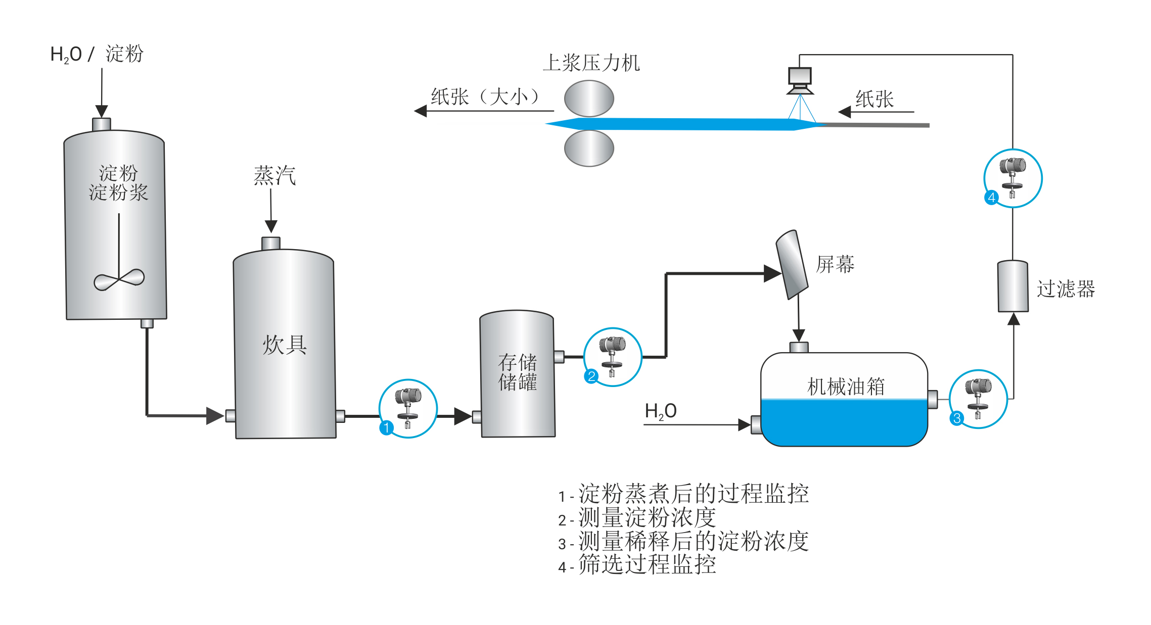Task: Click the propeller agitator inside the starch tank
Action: coord(119,279)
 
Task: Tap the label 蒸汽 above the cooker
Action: coord(274,175)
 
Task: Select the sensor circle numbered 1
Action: coord(408,408)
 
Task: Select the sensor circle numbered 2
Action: coord(612,357)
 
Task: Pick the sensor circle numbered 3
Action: coord(978,399)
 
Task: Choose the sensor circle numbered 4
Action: coord(1012,178)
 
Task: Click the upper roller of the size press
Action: coord(589,99)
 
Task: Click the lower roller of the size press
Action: coord(589,148)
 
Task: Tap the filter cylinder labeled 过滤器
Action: coord(1012,286)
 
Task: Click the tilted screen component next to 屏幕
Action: coord(792,264)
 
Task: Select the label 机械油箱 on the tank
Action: coord(846,387)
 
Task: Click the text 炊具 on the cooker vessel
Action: coord(284,345)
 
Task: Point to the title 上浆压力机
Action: coord(591,63)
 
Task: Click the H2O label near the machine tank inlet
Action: coord(660,411)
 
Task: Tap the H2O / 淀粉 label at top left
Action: coord(97,54)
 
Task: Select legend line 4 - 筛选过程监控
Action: coord(637,565)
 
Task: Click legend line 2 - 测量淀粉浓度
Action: coord(637,518)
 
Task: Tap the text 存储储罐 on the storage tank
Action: coord(517,372)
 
